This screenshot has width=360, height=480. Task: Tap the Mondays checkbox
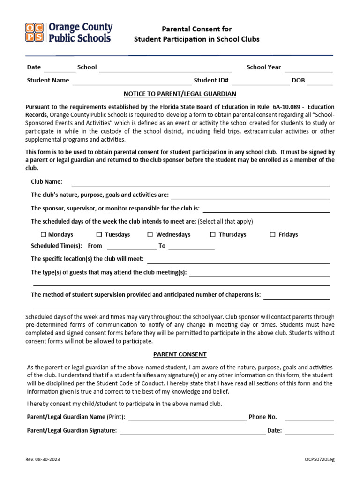[44, 234]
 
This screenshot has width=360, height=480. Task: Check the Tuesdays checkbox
[99, 234]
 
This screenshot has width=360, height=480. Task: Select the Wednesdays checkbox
[150, 234]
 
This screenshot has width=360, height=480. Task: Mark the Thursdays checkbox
[213, 234]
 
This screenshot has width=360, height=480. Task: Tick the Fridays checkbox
[273, 234]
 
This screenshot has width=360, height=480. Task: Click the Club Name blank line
[200, 183]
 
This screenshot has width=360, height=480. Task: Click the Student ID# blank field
[260, 82]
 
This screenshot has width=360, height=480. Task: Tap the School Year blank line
[308, 69]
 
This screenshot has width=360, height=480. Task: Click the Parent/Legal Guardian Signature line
[193, 432]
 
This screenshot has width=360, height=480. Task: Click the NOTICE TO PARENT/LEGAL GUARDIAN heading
[180, 94]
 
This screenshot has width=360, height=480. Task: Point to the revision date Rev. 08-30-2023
[43, 459]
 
